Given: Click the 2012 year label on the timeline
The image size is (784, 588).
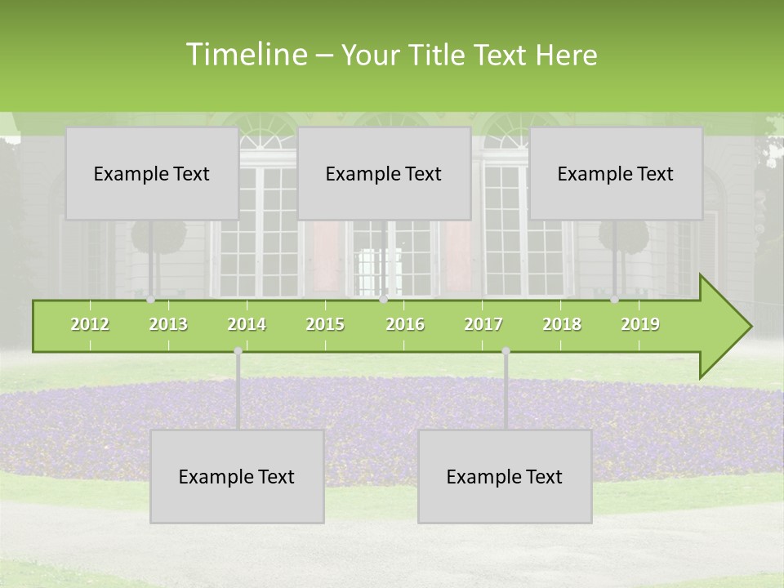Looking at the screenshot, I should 90,324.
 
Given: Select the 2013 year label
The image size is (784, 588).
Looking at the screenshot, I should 168,324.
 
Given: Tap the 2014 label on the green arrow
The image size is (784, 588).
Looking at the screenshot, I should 247,324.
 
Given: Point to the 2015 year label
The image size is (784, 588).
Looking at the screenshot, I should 325,324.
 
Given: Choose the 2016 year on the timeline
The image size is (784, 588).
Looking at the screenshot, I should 405,324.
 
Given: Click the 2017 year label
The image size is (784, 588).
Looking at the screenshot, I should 483,324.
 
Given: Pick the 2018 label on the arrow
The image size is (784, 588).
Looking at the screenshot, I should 562,324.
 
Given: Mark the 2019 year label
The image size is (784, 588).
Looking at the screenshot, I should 640,324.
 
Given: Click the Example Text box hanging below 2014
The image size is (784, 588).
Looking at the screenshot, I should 237,476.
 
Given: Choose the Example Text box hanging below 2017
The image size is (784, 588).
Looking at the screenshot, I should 505,476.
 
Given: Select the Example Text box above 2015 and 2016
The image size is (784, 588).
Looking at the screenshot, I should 384,173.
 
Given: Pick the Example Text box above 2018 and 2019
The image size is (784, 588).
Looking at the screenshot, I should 616,173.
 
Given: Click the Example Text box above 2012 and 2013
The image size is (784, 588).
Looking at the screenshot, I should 152,173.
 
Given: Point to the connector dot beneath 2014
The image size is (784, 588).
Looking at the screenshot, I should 238,351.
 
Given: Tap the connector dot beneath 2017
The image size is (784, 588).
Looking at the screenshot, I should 506,351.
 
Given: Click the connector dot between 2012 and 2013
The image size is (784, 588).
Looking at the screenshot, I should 150,300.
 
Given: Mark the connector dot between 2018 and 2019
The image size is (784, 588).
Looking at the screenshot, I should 614,300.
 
